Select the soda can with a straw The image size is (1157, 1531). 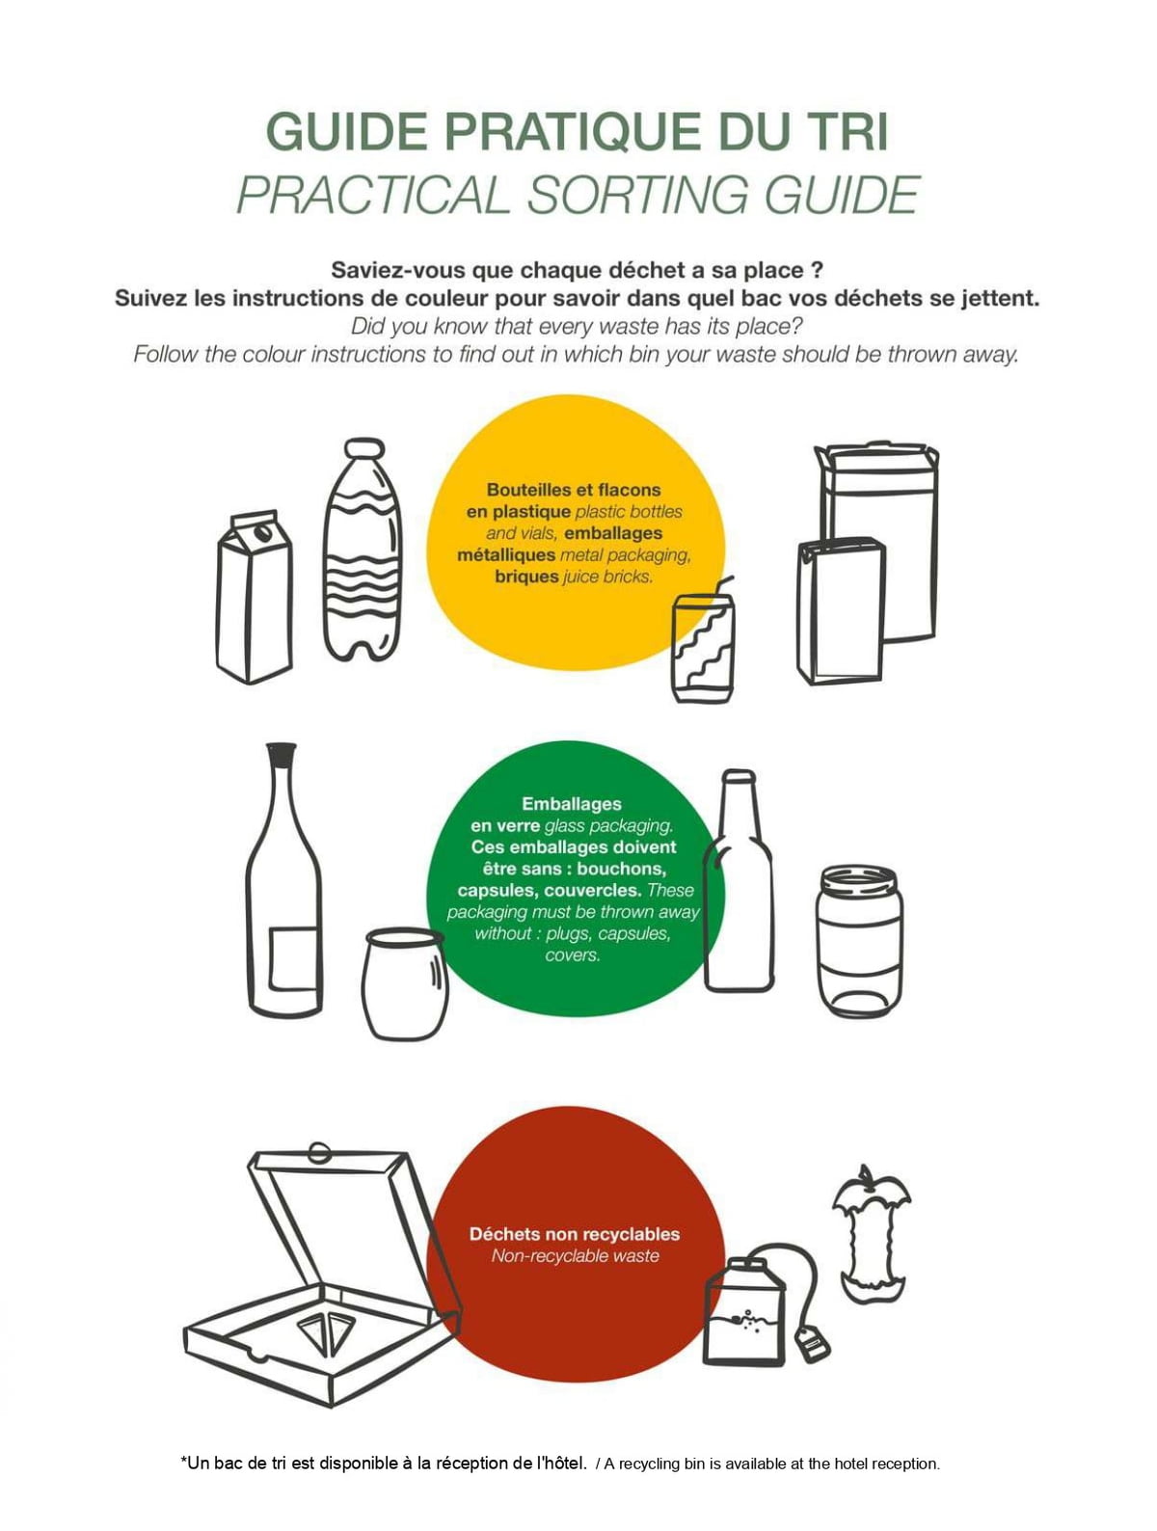tap(702, 645)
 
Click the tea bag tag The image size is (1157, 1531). tap(811, 1343)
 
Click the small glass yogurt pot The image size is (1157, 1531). tap(405, 983)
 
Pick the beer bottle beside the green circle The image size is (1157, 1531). tap(738, 880)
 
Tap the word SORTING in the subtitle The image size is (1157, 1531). tap(643, 195)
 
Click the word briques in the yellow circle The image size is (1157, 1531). tap(526, 577)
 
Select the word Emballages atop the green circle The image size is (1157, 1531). tap(571, 803)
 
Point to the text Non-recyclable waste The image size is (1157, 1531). tap(575, 1256)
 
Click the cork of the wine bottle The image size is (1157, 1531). tap(282, 752)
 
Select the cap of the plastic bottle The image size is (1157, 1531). tap(364, 447)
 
